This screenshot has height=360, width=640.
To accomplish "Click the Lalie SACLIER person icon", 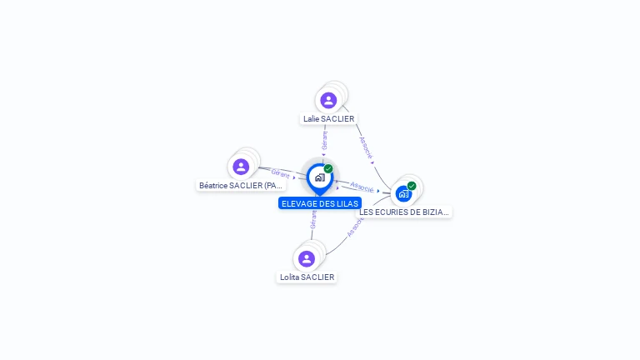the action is pyautogui.click(x=328, y=100).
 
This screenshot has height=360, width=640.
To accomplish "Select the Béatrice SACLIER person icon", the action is pyautogui.click(x=241, y=167).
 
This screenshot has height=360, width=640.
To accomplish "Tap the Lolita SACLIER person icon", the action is pyautogui.click(x=306, y=258).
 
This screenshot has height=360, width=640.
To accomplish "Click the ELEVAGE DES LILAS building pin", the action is pyautogui.click(x=319, y=177).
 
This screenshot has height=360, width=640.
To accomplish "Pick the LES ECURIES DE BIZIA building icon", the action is pyautogui.click(x=403, y=194).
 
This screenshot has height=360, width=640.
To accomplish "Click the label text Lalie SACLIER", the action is pyautogui.click(x=328, y=119).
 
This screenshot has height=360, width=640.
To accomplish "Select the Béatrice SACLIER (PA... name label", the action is pyautogui.click(x=242, y=185).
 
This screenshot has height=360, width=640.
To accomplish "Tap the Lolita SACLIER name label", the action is pyautogui.click(x=307, y=277).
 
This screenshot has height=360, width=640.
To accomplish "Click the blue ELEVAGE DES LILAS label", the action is pyautogui.click(x=319, y=203).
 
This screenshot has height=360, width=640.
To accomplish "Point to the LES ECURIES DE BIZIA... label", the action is pyautogui.click(x=404, y=212).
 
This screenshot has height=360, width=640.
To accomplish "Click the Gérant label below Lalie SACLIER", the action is pyautogui.click(x=324, y=141).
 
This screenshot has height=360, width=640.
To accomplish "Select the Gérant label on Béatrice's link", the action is pyautogui.click(x=280, y=173).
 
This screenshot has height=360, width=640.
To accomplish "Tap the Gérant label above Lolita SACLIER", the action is pyautogui.click(x=313, y=219).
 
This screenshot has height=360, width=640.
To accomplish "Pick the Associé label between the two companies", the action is pyautogui.click(x=362, y=187).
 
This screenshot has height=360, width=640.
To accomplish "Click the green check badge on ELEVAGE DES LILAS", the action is pyautogui.click(x=328, y=169).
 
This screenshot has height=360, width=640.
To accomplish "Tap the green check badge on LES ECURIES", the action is pyautogui.click(x=412, y=186).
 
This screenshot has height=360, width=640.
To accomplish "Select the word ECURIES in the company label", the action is pyautogui.click(x=391, y=212).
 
